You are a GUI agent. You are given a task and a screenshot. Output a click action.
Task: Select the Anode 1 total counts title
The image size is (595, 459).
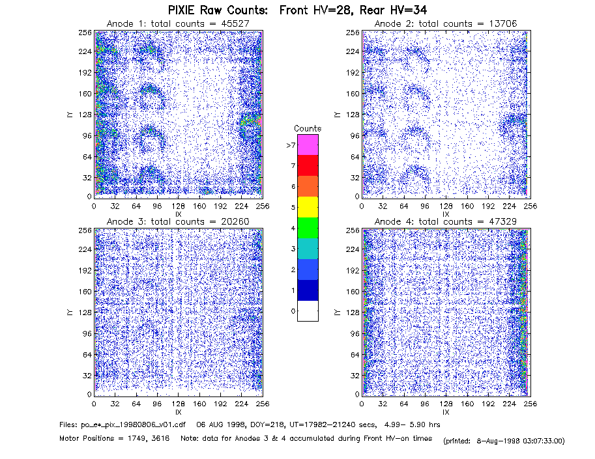pos(178,23)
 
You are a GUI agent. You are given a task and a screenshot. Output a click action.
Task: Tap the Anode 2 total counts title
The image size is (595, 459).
pos(446,23)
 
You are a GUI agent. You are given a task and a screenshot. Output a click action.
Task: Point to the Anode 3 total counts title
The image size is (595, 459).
pos(178,221)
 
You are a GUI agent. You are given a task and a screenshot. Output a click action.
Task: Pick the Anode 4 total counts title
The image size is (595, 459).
pos(446,221)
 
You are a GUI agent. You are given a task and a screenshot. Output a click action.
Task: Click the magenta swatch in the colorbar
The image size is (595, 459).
pos(308,145)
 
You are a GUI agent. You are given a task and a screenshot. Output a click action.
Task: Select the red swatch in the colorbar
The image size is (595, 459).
pos(308,165)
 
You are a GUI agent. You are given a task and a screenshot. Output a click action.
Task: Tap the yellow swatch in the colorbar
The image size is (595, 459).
pos(308,207)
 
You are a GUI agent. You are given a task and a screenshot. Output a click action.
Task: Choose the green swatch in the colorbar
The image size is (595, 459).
pos(308,228)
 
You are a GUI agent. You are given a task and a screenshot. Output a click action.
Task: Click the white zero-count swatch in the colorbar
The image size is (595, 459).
pos(308,311)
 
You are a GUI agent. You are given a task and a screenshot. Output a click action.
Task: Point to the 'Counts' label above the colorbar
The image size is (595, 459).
pos(308,128)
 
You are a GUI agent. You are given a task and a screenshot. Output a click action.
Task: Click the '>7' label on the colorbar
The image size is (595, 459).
pos(291,145)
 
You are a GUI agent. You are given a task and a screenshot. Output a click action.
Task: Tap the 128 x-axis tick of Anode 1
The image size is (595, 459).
pos(178,206)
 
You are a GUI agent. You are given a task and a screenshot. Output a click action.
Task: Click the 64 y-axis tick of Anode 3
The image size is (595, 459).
pos(87,355)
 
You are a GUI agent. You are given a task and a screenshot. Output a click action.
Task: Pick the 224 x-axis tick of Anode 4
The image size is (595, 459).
pos(509,404)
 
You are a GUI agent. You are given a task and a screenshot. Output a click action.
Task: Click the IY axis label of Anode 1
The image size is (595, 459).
pos(70,115)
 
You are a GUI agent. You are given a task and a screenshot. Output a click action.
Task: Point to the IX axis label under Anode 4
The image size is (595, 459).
pos(446,412)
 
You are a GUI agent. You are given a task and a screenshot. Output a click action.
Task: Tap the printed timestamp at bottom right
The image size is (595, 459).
pos(504,441)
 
